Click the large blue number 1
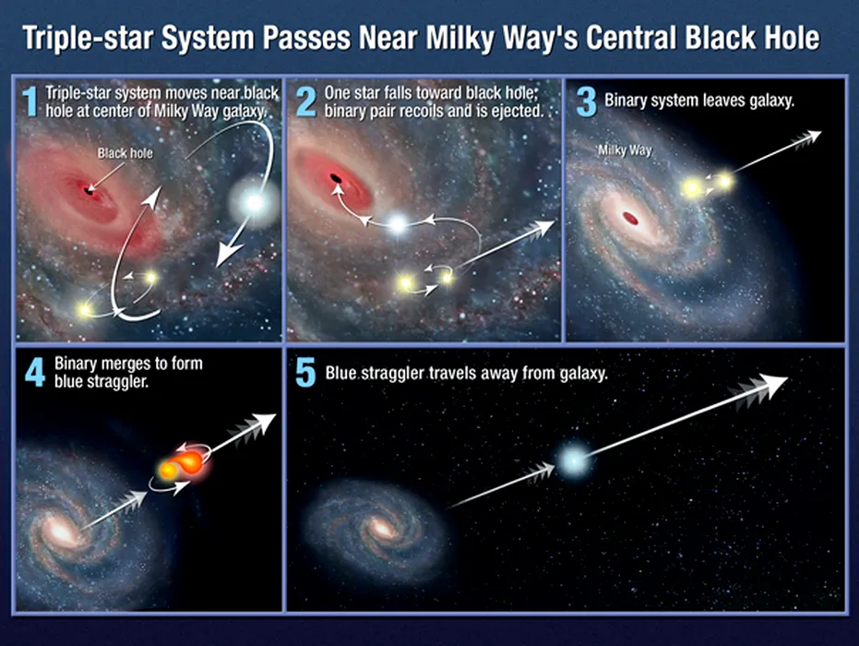pyautogui.click(x=30, y=102)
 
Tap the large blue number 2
pyautogui.click(x=306, y=102)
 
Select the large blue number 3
pyautogui.click(x=587, y=102)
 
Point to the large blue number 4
pyautogui.click(x=35, y=373)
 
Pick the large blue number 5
pyautogui.click(x=305, y=373)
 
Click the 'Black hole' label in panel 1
pyautogui.click(x=125, y=153)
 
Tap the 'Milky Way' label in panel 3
pyautogui.click(x=625, y=150)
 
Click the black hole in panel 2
pyautogui.click(x=335, y=178)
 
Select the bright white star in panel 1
pyautogui.click(x=254, y=203)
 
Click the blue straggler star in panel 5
pyautogui.click(x=574, y=461)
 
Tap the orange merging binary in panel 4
pyautogui.click(x=180, y=464)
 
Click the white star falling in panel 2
pyautogui.click(x=398, y=223)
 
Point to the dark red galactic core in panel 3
pyautogui.click(x=630, y=219)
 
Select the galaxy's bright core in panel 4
pyautogui.click(x=59, y=532)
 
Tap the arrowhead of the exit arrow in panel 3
pyautogui.click(x=814, y=136)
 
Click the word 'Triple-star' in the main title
pyautogui.click(x=87, y=39)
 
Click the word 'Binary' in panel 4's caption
pyautogui.click(x=77, y=364)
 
